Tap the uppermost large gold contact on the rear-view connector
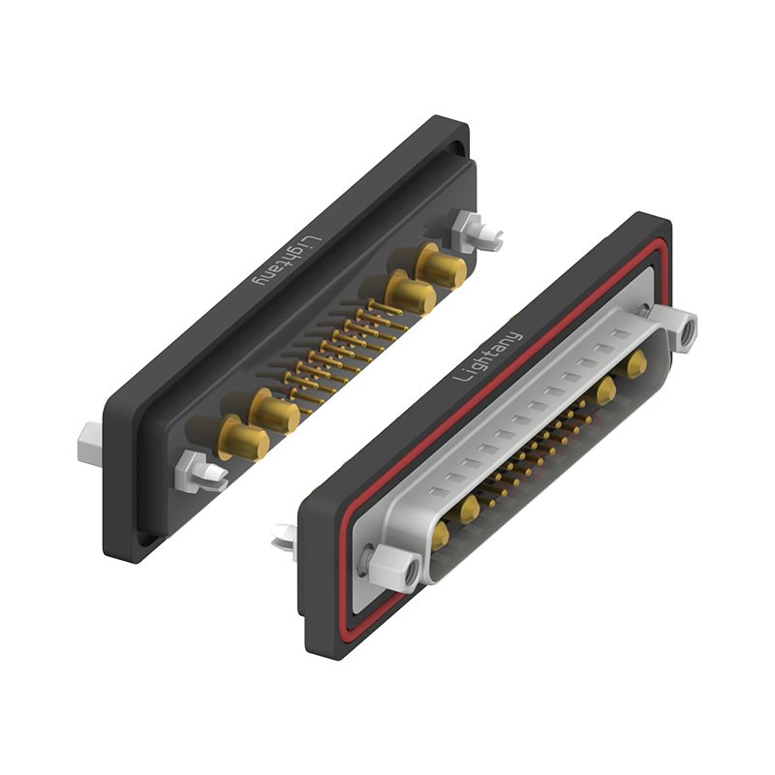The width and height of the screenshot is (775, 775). [x=442, y=265]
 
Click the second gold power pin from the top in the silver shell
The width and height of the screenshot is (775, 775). [x=606, y=389]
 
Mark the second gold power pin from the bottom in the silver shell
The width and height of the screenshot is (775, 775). [x=470, y=508]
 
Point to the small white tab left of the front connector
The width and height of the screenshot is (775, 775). [x=284, y=539]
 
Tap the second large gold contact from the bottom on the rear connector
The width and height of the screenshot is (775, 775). [x=274, y=412]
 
